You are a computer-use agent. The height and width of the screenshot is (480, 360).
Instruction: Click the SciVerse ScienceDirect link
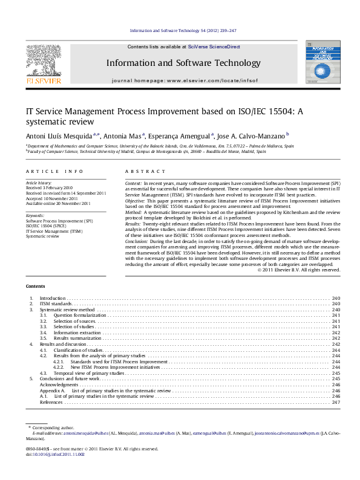click(214, 47)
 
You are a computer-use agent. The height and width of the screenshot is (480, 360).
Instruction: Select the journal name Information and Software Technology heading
click(183, 63)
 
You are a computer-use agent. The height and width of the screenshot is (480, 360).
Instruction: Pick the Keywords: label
click(35, 216)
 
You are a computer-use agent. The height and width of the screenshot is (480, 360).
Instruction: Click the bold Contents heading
click(35, 286)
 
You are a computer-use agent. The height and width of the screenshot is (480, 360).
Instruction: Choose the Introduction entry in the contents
click(52, 299)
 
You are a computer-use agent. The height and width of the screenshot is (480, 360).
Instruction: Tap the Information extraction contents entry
click(77, 332)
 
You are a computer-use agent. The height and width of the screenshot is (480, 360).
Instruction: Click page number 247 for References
click(335, 402)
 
